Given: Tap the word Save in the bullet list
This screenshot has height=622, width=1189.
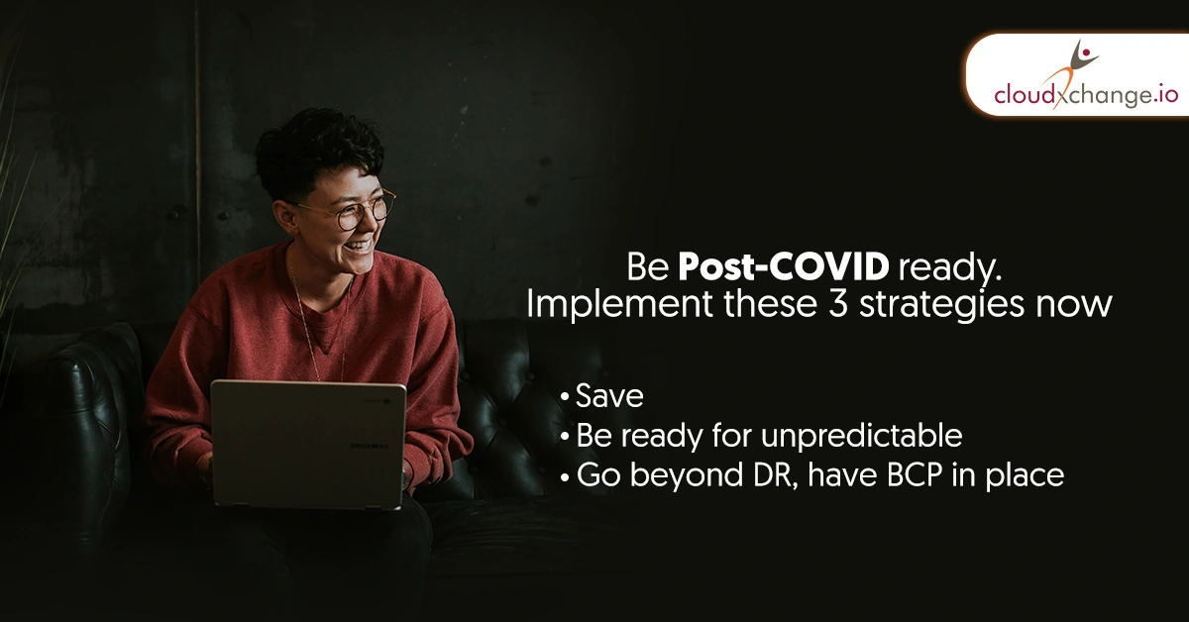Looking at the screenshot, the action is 610,396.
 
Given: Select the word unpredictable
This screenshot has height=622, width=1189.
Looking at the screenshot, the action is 861,436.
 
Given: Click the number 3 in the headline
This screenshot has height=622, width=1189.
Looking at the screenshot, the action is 838,304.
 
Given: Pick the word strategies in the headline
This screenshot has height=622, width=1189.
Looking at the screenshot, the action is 942,306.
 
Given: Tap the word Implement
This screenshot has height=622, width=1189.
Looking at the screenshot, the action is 619,306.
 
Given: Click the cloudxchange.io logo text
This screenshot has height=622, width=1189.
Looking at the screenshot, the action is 1086,95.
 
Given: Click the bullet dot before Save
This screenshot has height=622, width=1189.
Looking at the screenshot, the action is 565,397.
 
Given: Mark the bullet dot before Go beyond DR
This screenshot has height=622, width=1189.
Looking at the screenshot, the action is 565,476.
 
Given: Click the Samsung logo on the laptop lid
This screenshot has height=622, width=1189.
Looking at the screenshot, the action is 369,446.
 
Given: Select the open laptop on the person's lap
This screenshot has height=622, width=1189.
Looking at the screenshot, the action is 308,444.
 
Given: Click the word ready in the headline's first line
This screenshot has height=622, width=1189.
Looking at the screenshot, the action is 949,268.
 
